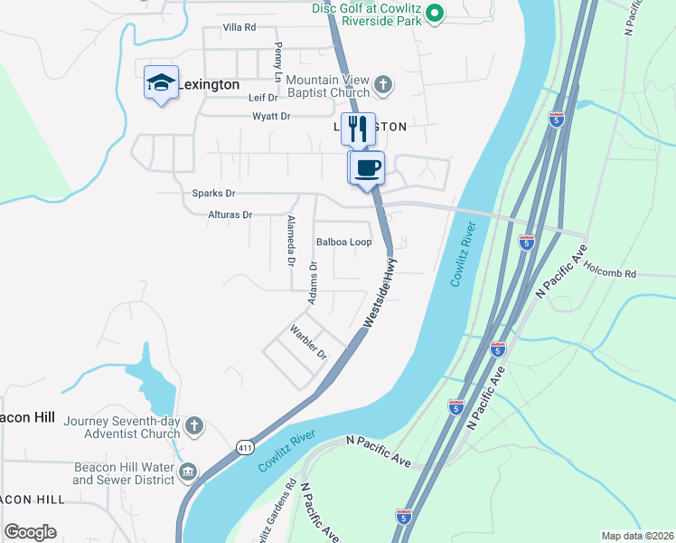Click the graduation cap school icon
tap(161, 83)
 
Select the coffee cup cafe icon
tap(367, 167)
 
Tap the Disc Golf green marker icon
tap(434, 13)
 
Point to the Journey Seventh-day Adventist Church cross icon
tap(193, 425)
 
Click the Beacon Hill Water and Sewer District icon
tap(188, 472)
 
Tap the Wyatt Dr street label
tap(271, 116)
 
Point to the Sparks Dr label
tap(213, 194)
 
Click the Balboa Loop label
tap(343, 243)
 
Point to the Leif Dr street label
tap(262, 98)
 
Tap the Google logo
tap(30, 532)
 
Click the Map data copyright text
tap(637, 536)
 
